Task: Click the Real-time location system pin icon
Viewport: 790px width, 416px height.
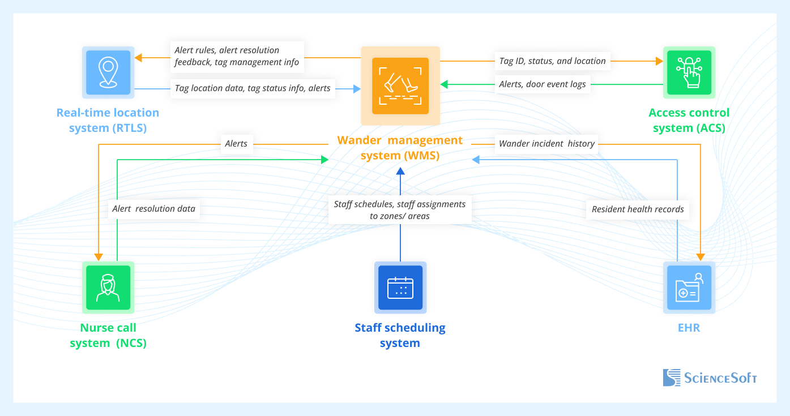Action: pos(108,72)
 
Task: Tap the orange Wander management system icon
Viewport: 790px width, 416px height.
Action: pos(400,86)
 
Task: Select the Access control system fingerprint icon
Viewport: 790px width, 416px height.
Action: pos(689,72)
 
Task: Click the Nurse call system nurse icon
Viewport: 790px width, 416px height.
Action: pos(108,287)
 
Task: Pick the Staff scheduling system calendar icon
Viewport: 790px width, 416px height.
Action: pos(400,287)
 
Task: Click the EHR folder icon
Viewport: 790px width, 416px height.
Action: pos(689,287)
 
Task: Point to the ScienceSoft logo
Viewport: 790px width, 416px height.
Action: pos(710,378)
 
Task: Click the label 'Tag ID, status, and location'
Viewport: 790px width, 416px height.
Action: pos(552,61)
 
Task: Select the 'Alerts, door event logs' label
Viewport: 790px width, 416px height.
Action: pos(542,84)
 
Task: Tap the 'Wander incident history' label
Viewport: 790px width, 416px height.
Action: pos(546,144)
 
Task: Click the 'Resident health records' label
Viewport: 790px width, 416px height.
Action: pos(638,209)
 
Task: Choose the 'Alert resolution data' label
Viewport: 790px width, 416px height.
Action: pos(153,209)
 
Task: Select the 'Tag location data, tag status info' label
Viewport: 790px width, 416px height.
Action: pos(253,88)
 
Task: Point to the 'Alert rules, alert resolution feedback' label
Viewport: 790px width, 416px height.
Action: pos(237,56)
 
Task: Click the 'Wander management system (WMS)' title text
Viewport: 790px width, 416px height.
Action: pos(400,148)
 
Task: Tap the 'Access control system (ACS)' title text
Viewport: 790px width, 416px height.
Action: pos(689,120)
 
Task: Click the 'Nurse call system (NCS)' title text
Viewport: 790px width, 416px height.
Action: pos(108,335)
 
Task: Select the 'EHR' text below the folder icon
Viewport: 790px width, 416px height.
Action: pos(689,328)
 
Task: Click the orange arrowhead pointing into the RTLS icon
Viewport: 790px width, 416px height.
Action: pos(138,57)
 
